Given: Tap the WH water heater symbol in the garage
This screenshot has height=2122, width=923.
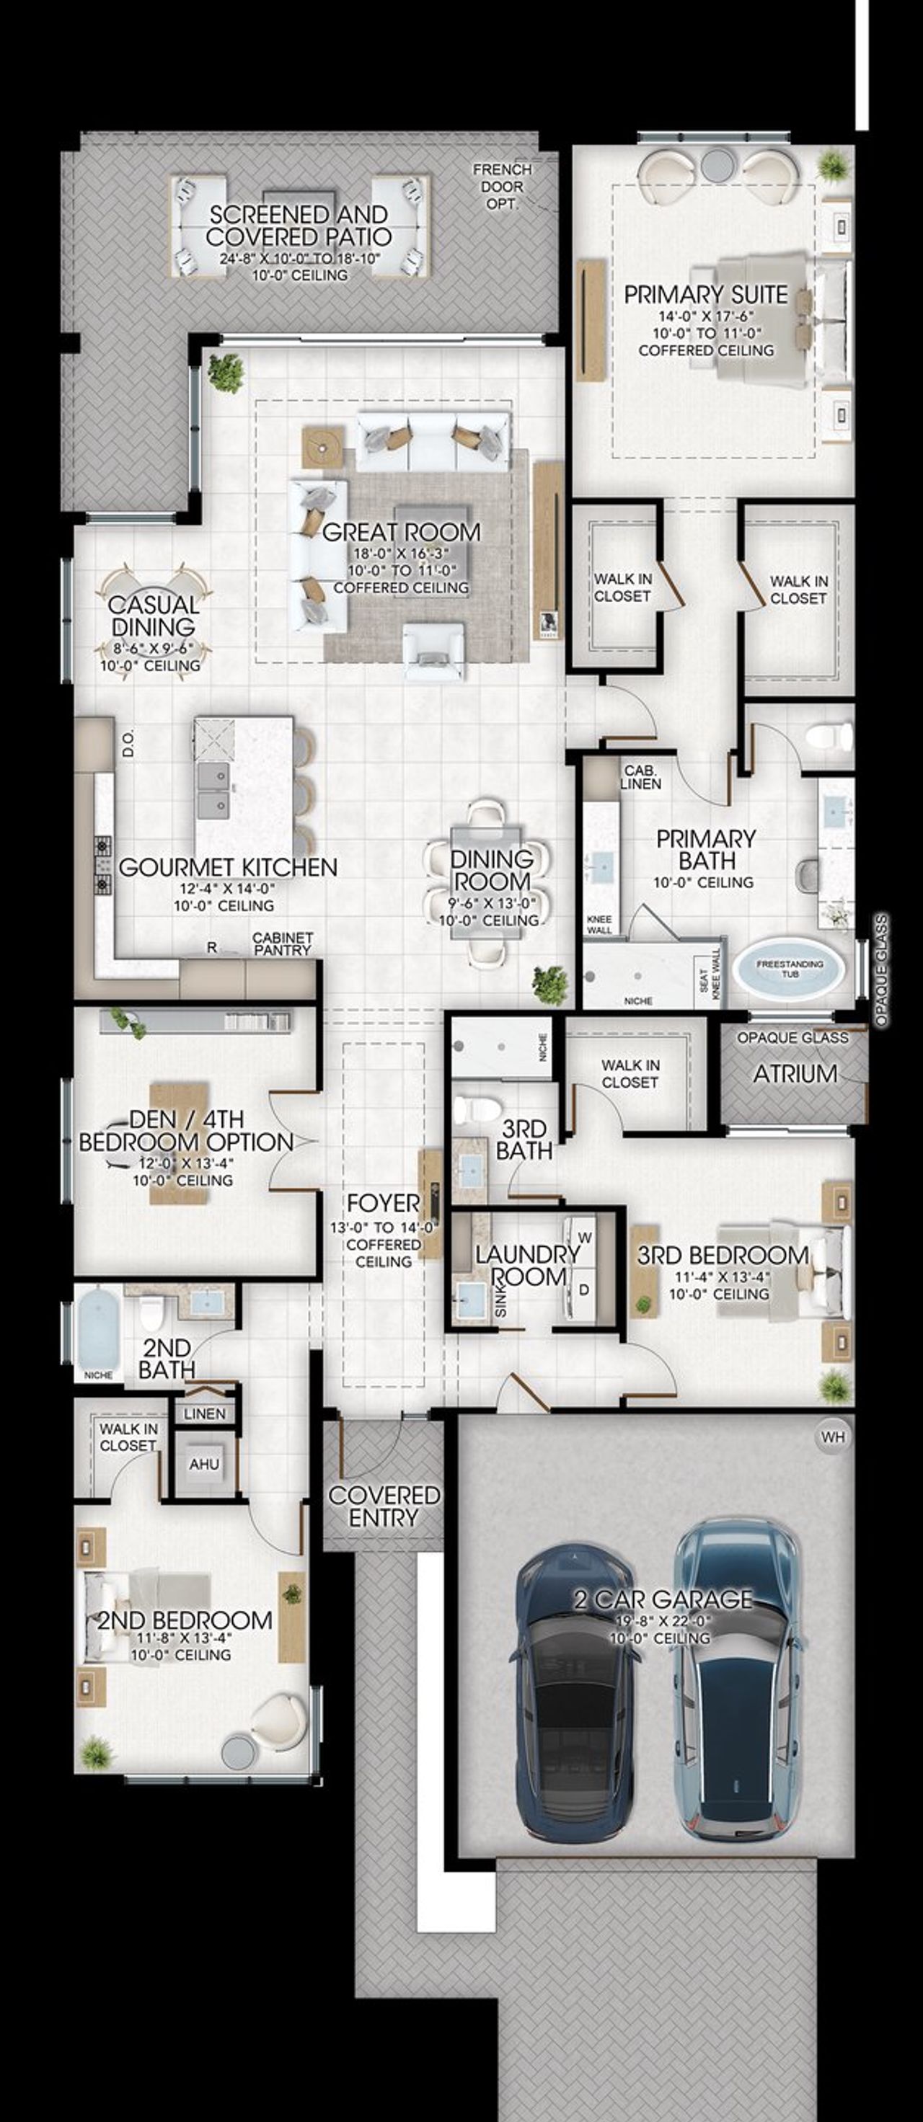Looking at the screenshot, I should pyautogui.click(x=832, y=1437).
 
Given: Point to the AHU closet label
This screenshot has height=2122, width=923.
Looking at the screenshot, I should pyautogui.click(x=203, y=1464).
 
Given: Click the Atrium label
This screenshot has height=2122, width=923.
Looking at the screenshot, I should pyautogui.click(x=795, y=1073).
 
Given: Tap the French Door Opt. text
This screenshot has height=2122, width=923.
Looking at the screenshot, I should pyautogui.click(x=502, y=186).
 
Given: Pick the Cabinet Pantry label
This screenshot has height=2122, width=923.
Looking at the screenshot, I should pyautogui.click(x=283, y=944).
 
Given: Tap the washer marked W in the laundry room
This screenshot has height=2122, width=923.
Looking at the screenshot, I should pyautogui.click(x=585, y=1238).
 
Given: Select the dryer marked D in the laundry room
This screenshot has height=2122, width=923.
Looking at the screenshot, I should pyautogui.click(x=583, y=1290).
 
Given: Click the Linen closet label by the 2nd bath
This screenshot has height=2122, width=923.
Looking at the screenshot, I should pyautogui.click(x=204, y=1413).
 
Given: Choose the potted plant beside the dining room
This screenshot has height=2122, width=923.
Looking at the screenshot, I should pyautogui.click(x=549, y=985).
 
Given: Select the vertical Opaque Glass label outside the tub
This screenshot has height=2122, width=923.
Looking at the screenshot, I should pyautogui.click(x=881, y=969).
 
